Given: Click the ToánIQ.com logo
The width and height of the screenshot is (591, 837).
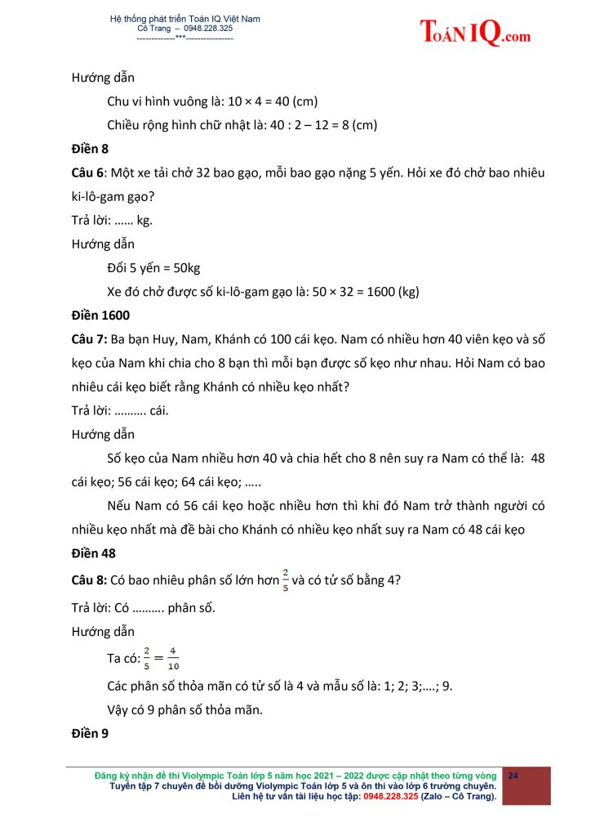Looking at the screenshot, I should pyautogui.click(x=475, y=32).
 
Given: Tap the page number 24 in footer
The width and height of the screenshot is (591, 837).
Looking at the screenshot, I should pyautogui.click(x=514, y=775).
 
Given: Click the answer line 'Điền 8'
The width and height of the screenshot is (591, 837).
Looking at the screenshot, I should pyautogui.click(x=90, y=149).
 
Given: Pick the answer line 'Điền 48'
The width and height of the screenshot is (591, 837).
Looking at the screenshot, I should pyautogui.click(x=93, y=553).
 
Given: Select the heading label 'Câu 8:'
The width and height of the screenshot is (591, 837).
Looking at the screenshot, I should pyautogui.click(x=90, y=580).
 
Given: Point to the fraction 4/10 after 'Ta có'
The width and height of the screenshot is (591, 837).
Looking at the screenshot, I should pyautogui.click(x=174, y=657).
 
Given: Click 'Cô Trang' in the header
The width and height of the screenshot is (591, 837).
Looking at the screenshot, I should pyautogui.click(x=156, y=29).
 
